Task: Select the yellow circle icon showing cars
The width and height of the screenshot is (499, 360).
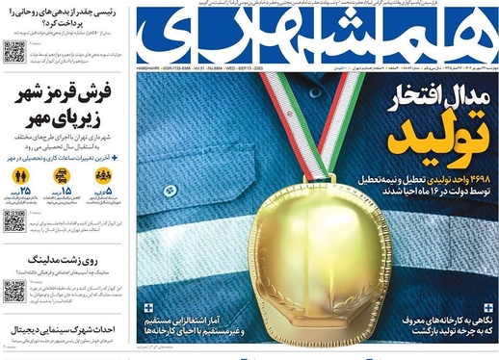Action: [x=63, y=176]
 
